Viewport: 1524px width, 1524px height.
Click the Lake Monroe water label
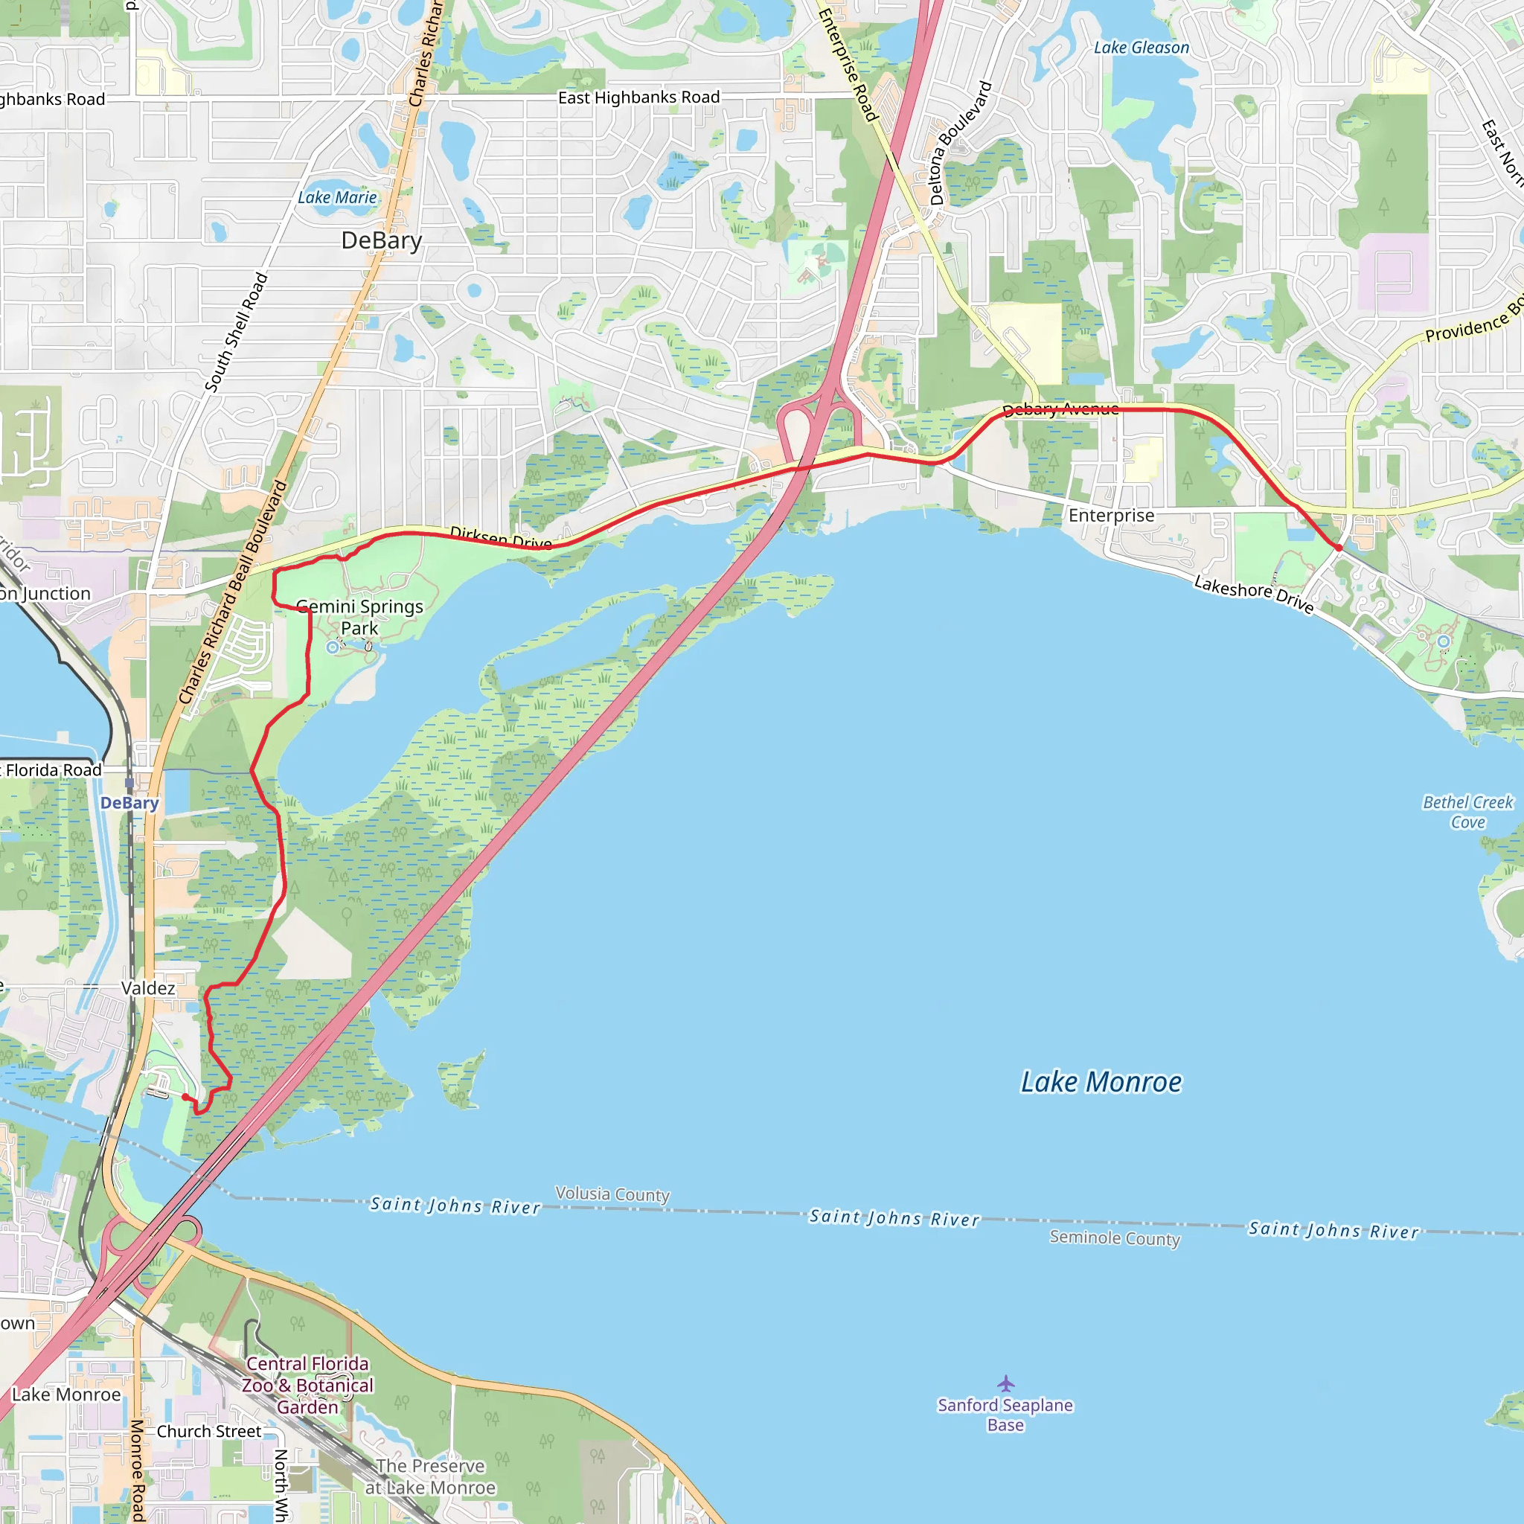[x=1101, y=1081]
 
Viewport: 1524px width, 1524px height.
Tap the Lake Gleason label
[x=1141, y=48]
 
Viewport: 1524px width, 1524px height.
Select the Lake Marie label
[x=337, y=198]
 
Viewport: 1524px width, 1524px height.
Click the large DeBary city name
[x=382, y=240]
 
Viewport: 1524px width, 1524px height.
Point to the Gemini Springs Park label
[x=359, y=617]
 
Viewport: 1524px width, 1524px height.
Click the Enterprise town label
[x=1111, y=516]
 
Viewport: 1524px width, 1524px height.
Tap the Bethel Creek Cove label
[x=1467, y=812]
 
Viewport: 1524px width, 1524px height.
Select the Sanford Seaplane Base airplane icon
[x=1006, y=1383]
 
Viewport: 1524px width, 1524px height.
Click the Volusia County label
[x=612, y=1194]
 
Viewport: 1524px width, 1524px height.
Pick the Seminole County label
[x=1114, y=1238]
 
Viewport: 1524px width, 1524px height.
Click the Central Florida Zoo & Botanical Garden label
[x=307, y=1385]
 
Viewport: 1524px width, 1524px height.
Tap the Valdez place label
[x=148, y=988]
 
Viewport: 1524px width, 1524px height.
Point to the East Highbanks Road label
[x=639, y=97]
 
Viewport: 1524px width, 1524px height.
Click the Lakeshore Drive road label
[x=1253, y=594]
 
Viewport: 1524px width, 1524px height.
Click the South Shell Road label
[x=236, y=332]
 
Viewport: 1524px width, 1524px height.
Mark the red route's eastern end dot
[x=1339, y=548]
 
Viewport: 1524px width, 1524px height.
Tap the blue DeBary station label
[x=129, y=803]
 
